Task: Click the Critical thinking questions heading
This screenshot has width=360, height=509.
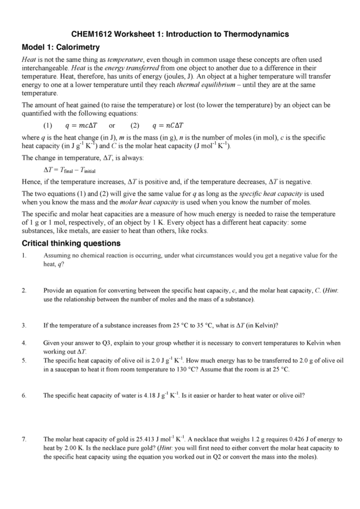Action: tap(71, 243)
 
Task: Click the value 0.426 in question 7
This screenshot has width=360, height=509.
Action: tap(286, 439)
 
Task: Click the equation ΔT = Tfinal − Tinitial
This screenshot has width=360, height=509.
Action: tap(70, 171)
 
